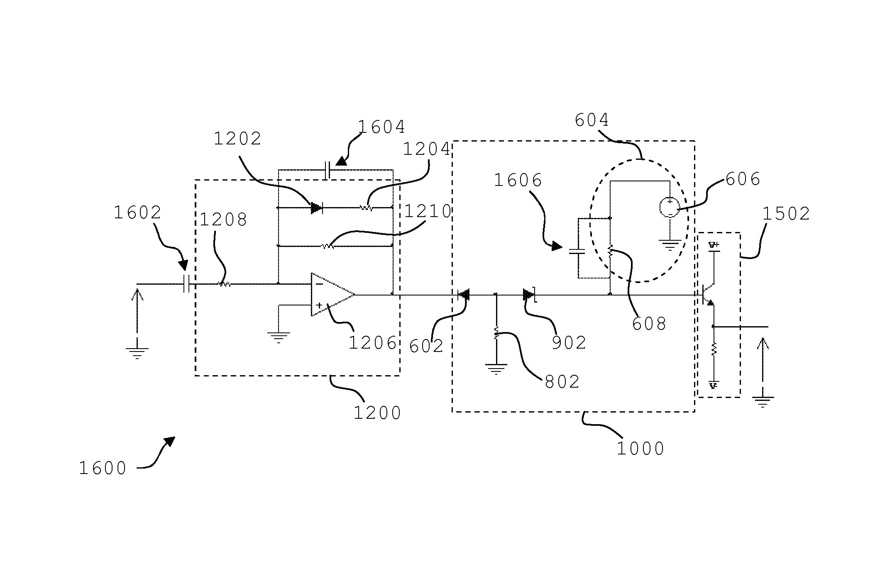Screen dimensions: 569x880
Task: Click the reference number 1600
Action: coord(103,468)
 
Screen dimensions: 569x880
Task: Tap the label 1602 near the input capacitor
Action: coord(137,213)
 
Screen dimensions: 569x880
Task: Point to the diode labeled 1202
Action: coord(317,208)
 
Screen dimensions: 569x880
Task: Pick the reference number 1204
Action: coord(427,149)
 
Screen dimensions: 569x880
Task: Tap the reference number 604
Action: coord(592,120)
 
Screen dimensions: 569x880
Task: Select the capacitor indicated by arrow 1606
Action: coord(577,251)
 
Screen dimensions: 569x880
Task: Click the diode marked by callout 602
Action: coord(464,295)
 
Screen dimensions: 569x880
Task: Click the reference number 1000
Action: coord(640,449)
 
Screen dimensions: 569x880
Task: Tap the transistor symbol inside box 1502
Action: coord(707,295)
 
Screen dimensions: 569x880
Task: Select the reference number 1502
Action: coord(786,214)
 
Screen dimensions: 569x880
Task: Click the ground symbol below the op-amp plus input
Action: coord(278,337)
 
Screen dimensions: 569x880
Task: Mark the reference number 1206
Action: coord(372,343)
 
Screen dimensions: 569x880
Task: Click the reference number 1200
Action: coord(377,413)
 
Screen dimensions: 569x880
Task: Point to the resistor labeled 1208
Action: coord(224,284)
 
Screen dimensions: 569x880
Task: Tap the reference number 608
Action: coord(649,324)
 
